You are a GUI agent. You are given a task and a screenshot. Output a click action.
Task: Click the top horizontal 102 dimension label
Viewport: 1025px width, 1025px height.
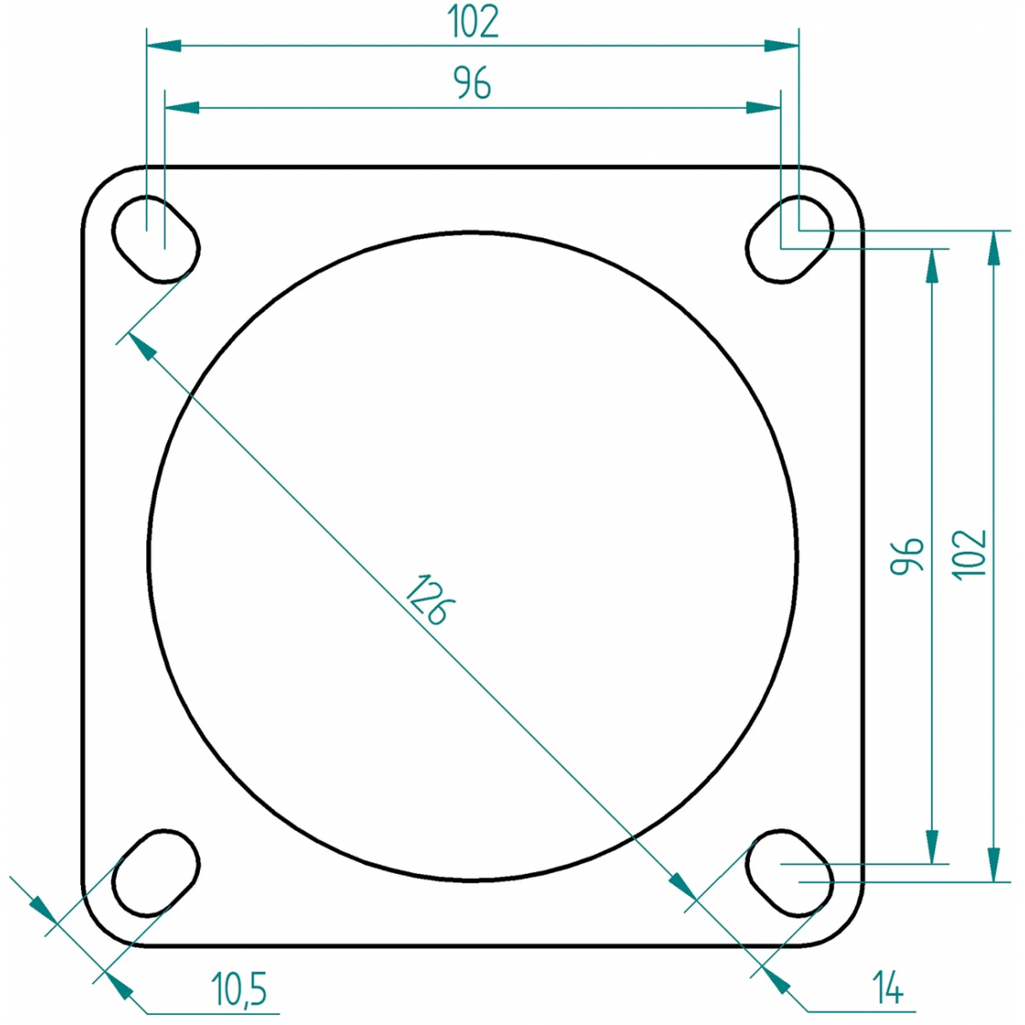click(x=473, y=21)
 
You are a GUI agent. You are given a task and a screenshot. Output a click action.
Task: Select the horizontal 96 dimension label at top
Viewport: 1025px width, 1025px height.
click(x=472, y=83)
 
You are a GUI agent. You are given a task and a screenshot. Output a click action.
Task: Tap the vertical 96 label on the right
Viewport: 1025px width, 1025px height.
click(x=907, y=556)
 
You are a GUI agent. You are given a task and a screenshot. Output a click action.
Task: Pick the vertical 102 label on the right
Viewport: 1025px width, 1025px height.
click(x=969, y=555)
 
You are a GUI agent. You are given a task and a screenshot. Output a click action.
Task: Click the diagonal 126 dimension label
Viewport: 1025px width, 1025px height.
click(x=430, y=600)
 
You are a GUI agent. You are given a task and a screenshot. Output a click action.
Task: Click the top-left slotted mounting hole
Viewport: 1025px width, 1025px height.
click(x=155, y=239)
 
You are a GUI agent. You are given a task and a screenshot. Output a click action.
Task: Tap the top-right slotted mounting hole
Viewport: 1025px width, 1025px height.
click(x=789, y=239)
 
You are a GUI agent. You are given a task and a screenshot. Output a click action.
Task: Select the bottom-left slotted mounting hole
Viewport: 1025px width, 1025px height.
click(x=155, y=873)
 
